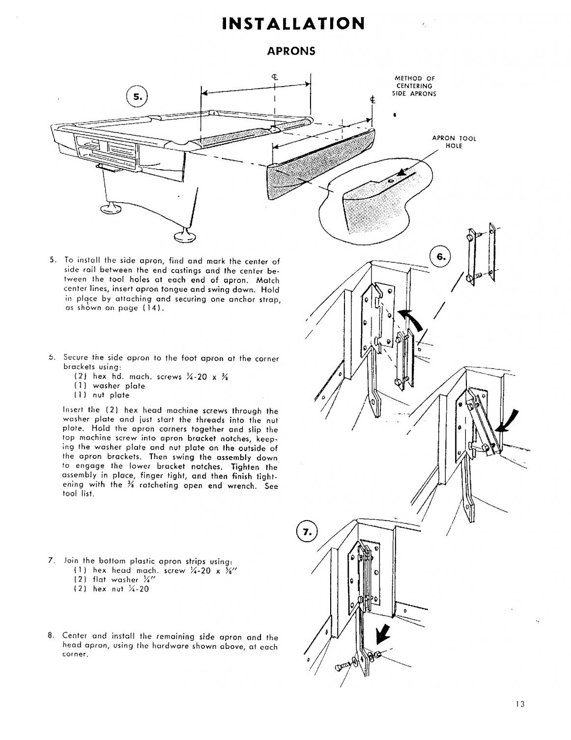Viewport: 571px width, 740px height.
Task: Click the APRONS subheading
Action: coord(290,51)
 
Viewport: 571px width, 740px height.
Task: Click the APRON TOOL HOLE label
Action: coord(454,142)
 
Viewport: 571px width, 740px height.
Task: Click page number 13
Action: coord(520,704)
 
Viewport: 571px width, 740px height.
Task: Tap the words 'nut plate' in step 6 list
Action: coord(111,395)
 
